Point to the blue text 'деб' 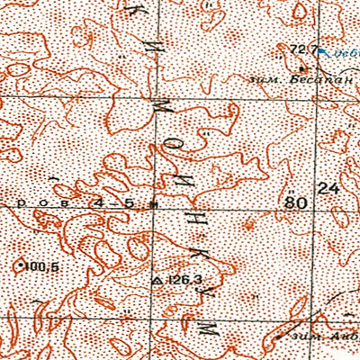(344, 52)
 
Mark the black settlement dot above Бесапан (301, 67)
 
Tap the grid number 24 (329, 189)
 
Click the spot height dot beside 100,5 (21, 266)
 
